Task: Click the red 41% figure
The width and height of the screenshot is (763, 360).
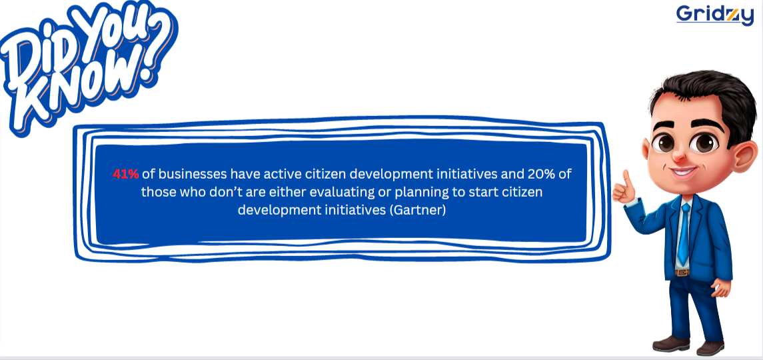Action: (x=125, y=174)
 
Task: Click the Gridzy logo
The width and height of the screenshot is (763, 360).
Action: (x=714, y=15)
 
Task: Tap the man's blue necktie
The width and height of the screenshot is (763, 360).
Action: (x=684, y=234)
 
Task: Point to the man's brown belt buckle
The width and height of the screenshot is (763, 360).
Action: (x=682, y=272)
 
